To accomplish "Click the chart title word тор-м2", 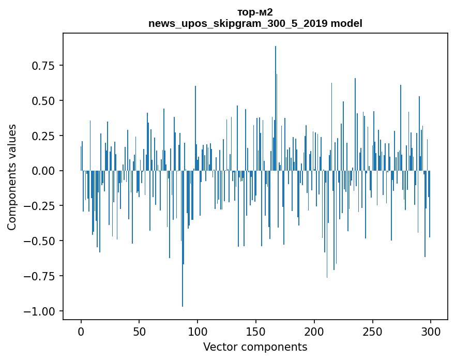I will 255,12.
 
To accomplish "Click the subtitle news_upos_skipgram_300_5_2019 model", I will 255,23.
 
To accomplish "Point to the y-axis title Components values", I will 12,177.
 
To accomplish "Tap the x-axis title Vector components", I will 255,347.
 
